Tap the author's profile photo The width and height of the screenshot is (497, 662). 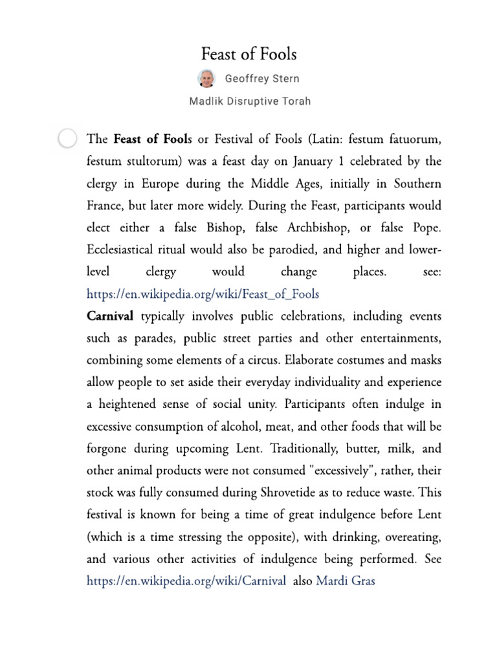click(x=206, y=78)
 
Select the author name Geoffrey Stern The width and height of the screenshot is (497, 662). click(x=262, y=79)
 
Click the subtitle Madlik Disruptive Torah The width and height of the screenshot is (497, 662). click(x=250, y=101)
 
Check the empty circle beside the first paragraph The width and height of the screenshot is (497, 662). click(x=67, y=138)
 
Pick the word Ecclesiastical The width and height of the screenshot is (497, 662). click(x=124, y=250)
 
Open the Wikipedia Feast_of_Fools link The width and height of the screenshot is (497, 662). click(x=203, y=294)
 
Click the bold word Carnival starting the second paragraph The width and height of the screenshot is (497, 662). click(x=110, y=316)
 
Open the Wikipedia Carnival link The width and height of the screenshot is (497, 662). click(x=186, y=581)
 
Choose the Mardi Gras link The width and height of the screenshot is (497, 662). click(x=346, y=581)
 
